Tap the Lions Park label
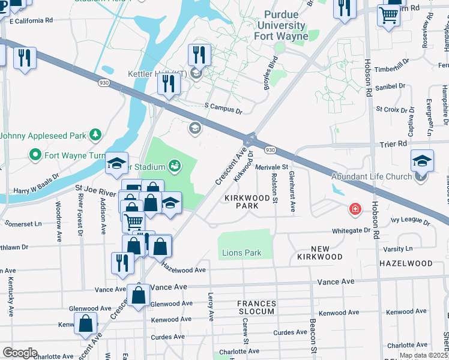242,253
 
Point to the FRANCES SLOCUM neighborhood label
256,307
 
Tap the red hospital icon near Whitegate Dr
355,209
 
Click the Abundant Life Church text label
372,176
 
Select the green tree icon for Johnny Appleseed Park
95,134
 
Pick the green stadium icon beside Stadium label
175,165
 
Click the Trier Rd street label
393,144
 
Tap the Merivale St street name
272,167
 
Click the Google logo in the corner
20,353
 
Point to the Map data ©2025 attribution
423,355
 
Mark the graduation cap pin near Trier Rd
423,161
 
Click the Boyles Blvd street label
272,76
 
